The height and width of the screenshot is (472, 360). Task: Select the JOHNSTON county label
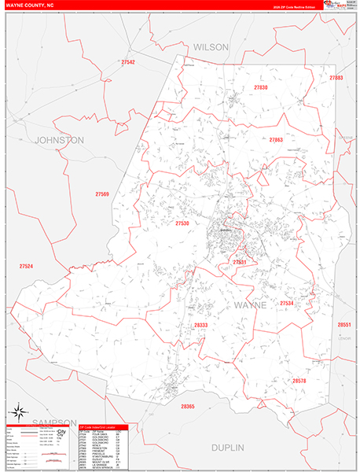(59, 139)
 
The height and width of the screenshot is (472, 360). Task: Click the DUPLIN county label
(227, 447)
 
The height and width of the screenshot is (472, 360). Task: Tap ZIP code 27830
(261, 87)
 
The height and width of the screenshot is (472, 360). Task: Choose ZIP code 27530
(182, 223)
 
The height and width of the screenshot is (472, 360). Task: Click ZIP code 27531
(240, 262)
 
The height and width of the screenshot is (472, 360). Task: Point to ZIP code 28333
(201, 325)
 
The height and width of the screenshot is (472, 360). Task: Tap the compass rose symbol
(18, 412)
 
